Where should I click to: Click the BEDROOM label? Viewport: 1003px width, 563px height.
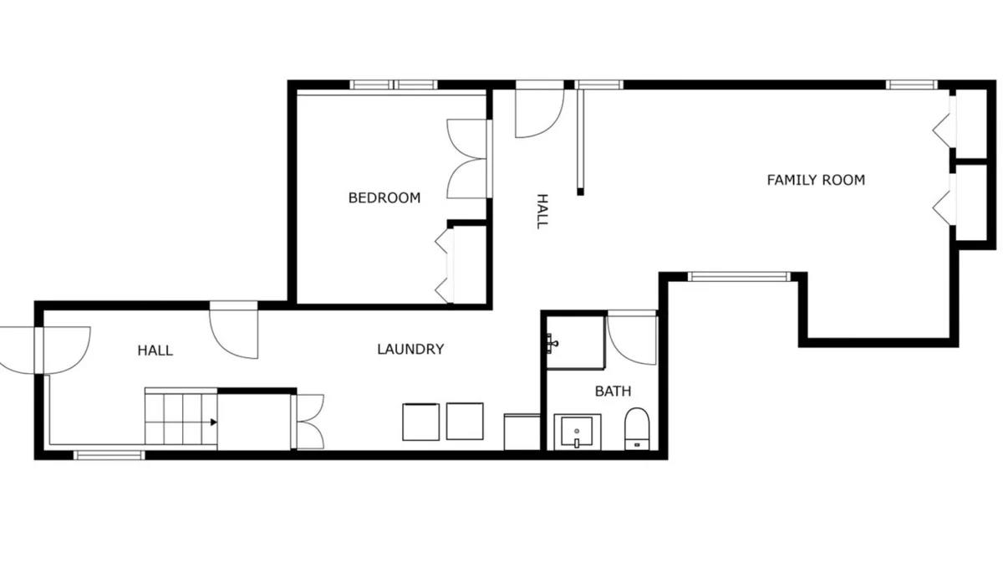(x=384, y=197)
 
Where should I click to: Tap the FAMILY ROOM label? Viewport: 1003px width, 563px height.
(x=816, y=180)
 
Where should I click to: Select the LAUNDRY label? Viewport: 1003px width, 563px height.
(x=410, y=349)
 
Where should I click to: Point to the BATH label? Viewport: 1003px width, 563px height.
(x=613, y=391)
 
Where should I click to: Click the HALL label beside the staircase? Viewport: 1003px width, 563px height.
(x=155, y=350)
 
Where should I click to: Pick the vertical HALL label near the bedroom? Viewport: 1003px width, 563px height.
(x=542, y=212)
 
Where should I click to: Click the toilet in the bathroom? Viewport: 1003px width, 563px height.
(x=637, y=428)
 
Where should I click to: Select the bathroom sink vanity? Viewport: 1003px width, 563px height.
(x=578, y=432)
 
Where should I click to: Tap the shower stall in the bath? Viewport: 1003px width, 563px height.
(x=575, y=342)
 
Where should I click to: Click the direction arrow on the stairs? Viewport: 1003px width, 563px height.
(x=214, y=422)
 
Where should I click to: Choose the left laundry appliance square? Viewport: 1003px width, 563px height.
(x=420, y=422)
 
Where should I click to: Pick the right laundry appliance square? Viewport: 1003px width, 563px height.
(x=465, y=422)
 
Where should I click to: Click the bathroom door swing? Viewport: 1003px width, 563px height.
(x=632, y=338)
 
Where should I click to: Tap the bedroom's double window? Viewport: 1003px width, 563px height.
(x=393, y=84)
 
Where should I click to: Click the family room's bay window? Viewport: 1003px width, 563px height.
(x=739, y=276)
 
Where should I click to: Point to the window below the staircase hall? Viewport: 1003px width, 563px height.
(x=109, y=455)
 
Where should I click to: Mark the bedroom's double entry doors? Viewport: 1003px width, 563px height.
(x=468, y=159)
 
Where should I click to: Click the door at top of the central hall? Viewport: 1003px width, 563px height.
(x=540, y=109)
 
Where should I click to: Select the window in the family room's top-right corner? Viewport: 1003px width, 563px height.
(x=912, y=84)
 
